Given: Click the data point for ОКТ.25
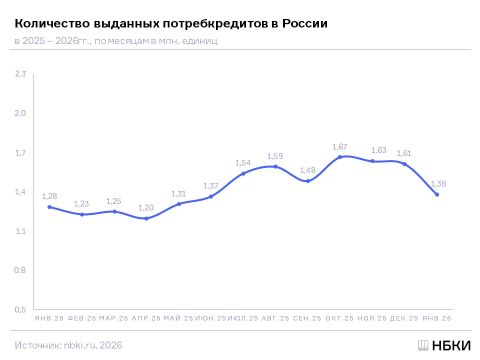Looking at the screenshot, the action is tap(340, 157).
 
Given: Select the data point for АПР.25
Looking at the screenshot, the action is tap(146, 219).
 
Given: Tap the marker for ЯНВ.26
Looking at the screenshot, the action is tap(437, 195).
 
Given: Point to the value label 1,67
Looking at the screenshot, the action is tap(340, 147).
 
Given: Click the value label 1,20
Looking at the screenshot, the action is tap(146, 208).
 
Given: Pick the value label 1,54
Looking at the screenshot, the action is tap(243, 163).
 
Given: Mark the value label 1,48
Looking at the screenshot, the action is tap(308, 170).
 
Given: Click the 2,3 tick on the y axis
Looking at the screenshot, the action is tap(20, 74).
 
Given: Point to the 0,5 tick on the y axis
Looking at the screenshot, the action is tap(20, 310).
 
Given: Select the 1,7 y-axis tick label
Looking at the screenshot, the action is tap(20, 153).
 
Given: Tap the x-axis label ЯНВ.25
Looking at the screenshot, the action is tap(49, 318).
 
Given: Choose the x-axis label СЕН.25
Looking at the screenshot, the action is tap(307, 318).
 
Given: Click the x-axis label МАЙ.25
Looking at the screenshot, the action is tap(178, 318).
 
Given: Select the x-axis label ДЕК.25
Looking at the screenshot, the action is tap(404, 318).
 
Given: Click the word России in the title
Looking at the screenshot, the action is tap(305, 24).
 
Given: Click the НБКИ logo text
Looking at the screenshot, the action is tap(451, 346).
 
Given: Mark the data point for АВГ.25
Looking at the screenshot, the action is tap(275, 166).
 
